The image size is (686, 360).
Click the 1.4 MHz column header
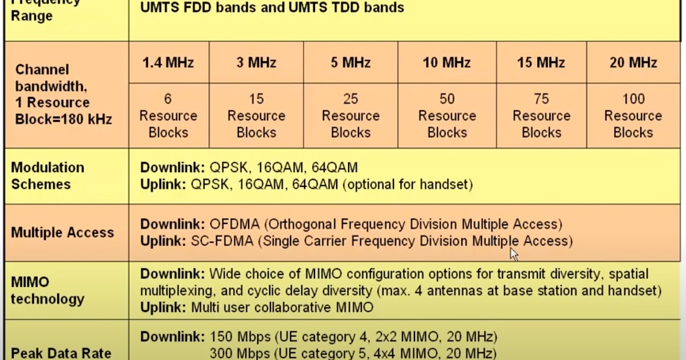[x=168, y=62]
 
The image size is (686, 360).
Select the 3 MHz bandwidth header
[x=256, y=62]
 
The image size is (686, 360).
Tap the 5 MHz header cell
[x=350, y=62]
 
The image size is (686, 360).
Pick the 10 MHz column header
[x=447, y=62]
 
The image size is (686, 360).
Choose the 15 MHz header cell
[x=541, y=62]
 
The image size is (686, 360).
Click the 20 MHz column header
[x=633, y=62]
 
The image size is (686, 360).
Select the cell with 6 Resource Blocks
[x=168, y=115]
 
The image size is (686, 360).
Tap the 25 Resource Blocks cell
[x=350, y=115]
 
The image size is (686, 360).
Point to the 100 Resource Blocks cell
[x=633, y=115]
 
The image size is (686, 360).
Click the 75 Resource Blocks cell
[x=541, y=115]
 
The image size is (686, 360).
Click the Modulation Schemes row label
[x=48, y=176]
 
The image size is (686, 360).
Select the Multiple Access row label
[x=62, y=233]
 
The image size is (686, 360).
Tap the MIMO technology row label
[x=47, y=290]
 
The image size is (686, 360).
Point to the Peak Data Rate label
[x=61, y=353]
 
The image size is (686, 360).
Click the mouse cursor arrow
[x=513, y=253]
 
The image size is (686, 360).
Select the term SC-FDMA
[x=222, y=241]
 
